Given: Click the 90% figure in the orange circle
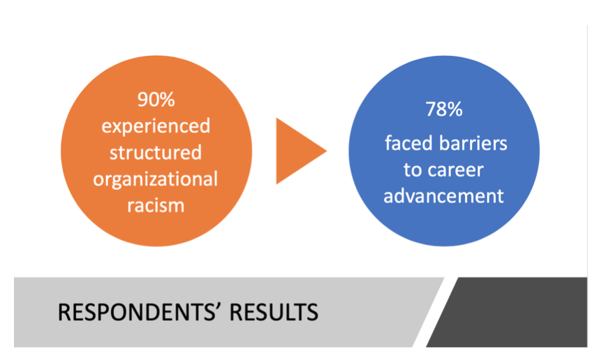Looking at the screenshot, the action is point(156,100).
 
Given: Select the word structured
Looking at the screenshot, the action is point(156,152).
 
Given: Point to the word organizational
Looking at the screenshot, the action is point(156,180).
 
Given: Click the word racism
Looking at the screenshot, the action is point(156,205).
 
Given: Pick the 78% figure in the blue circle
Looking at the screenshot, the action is point(444,109).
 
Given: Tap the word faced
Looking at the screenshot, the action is point(408,144).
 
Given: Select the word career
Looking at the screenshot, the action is point(456,170).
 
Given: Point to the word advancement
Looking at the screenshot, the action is point(443,196).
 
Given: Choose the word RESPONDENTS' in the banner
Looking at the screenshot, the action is point(140,313).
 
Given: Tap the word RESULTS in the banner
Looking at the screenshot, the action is point(274,313).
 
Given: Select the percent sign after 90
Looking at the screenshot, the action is point(167,100).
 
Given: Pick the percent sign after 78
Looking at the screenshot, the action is point(454,109).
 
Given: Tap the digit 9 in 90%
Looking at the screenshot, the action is point(143,100).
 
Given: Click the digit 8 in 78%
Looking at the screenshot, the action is point(441,109).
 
